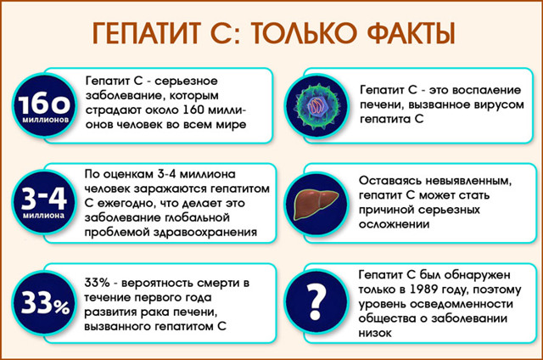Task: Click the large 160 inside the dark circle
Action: (42, 107)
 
